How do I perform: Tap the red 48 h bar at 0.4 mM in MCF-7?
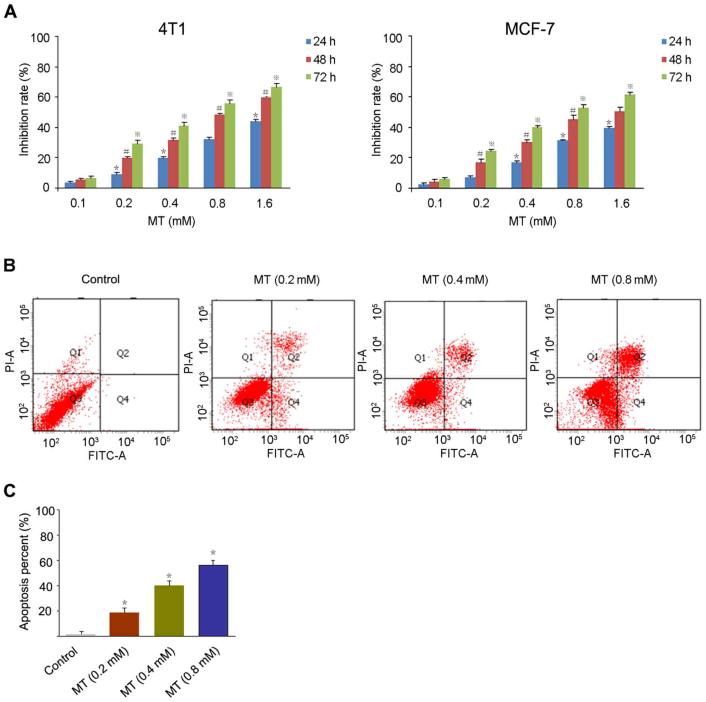tap(527, 165)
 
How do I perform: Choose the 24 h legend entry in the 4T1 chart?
tap(320, 42)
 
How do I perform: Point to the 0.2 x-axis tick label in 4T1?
tap(124, 203)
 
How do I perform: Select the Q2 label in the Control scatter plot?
tap(123, 353)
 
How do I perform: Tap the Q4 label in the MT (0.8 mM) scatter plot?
tap(639, 402)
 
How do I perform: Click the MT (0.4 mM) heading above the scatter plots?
tap(455, 280)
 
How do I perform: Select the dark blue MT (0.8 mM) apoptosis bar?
tap(213, 601)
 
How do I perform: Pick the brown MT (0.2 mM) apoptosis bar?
tap(124, 624)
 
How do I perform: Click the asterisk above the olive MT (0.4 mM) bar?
tap(169, 576)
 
